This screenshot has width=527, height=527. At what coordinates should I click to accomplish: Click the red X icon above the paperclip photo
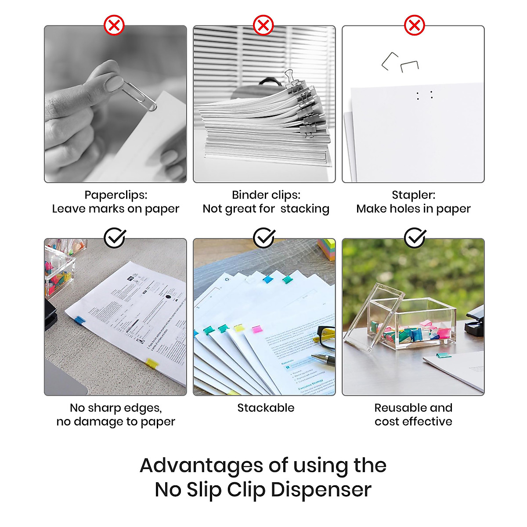pyautogui.click(x=114, y=25)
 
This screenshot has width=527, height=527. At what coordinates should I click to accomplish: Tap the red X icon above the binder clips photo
pyautogui.click(x=263, y=25)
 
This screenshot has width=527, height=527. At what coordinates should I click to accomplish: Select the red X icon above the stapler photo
pyautogui.click(x=414, y=25)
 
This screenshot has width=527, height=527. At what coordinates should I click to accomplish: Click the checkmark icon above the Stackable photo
pyautogui.click(x=264, y=238)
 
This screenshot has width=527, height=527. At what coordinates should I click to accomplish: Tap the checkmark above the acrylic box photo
pyautogui.click(x=415, y=238)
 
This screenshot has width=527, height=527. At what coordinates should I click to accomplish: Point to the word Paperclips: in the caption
pyautogui.click(x=116, y=195)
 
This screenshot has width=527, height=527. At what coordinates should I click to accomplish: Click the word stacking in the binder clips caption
pyautogui.click(x=305, y=209)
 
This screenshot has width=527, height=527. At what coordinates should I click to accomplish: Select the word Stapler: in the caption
pyautogui.click(x=413, y=195)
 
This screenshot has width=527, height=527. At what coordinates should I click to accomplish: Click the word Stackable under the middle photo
pyautogui.click(x=266, y=408)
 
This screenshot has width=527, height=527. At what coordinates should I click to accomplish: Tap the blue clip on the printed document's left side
pyautogui.click(x=79, y=321)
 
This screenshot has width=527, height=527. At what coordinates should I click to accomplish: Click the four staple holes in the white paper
pyautogui.click(x=425, y=95)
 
